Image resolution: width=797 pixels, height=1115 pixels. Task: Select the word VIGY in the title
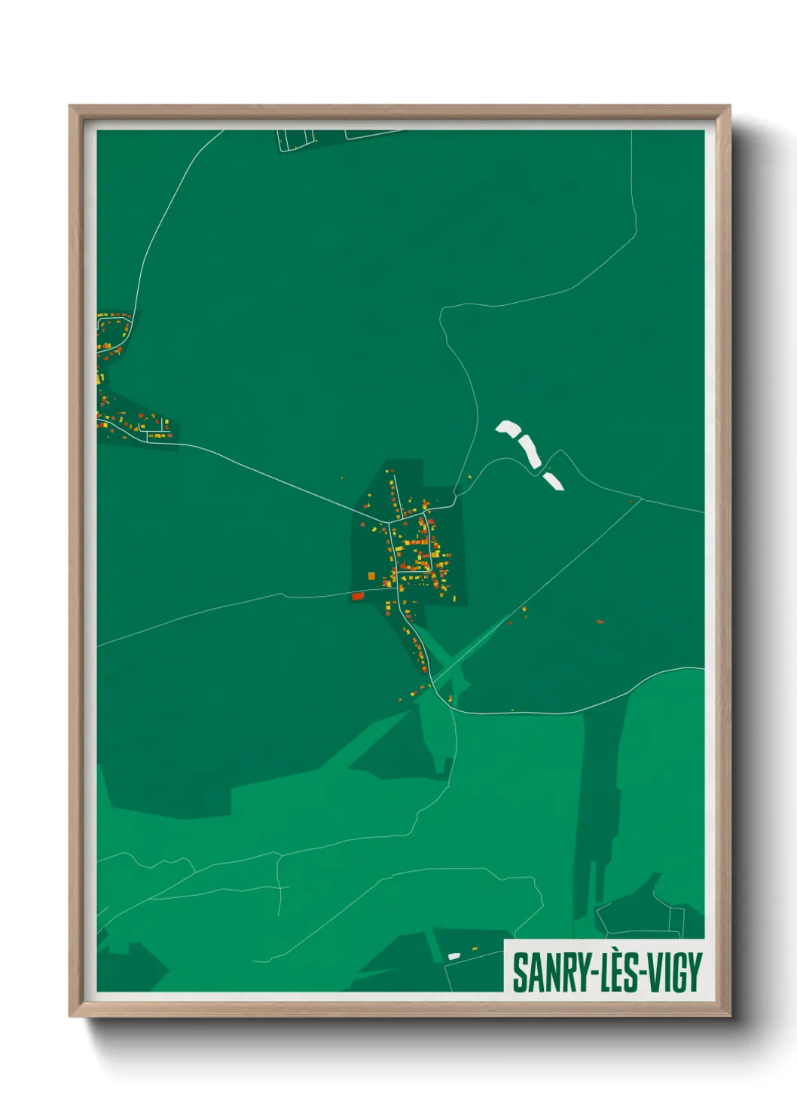(x=673, y=973)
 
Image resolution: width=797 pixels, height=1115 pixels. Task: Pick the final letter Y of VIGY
(x=695, y=973)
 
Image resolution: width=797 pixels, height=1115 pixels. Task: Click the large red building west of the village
(x=358, y=596)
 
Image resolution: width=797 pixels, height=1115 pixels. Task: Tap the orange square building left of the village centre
(x=371, y=576)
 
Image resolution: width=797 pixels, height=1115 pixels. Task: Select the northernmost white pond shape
(x=508, y=429)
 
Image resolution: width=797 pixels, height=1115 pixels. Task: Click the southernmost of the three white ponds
(x=554, y=481)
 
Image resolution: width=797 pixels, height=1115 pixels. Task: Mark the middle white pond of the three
(x=530, y=451)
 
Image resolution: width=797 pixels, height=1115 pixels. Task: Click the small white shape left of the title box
(x=453, y=956)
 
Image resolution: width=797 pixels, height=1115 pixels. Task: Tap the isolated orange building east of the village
(x=600, y=622)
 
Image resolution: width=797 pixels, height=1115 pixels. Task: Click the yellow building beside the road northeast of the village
(x=470, y=476)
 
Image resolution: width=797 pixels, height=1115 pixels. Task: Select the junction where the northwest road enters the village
(x=389, y=521)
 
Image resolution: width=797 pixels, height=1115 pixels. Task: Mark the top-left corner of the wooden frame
(x=71, y=107)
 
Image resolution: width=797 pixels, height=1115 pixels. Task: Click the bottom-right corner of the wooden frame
(x=729, y=1015)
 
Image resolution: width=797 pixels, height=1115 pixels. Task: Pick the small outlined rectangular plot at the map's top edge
(x=295, y=139)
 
